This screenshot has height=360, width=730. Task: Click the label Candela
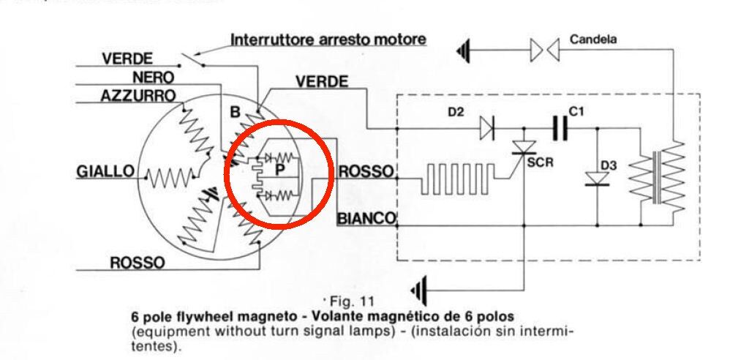[x=592, y=40]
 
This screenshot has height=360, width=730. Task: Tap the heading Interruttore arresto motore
[x=328, y=39]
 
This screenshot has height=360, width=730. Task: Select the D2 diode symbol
[x=487, y=130]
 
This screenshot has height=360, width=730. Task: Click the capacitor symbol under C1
[x=562, y=130]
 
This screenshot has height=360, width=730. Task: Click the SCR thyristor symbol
[x=524, y=149]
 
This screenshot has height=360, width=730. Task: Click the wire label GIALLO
[x=105, y=172]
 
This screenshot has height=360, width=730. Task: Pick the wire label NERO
[x=153, y=77]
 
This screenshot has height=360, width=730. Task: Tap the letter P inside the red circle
[x=279, y=170]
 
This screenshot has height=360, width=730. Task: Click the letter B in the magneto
[x=235, y=113]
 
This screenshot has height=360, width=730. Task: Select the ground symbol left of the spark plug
[x=462, y=50]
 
